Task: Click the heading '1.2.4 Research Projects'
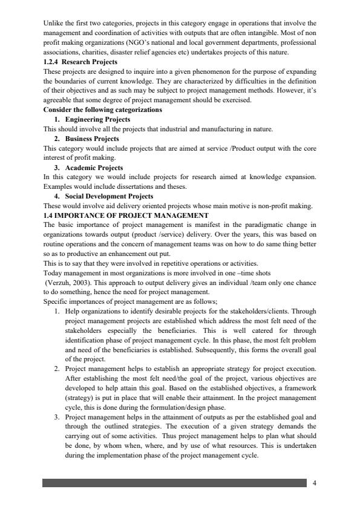click(x=80, y=62)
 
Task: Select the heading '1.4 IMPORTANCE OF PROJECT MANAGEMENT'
click(x=126, y=215)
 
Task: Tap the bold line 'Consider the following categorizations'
click(x=103, y=110)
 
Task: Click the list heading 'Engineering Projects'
click(x=97, y=119)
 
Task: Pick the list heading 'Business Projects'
click(x=92, y=139)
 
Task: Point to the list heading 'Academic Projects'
click(x=94, y=167)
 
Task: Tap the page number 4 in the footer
click(x=314, y=482)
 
